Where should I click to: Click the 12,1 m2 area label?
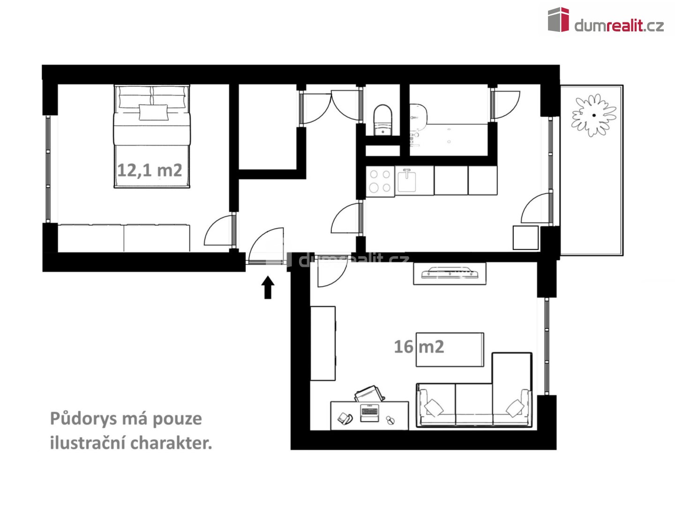(150, 170)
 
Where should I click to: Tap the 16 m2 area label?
(419, 347)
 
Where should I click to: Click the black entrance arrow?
(268, 287)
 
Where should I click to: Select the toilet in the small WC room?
(382, 120)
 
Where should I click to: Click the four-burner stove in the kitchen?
(380, 181)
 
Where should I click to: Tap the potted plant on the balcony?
(593, 115)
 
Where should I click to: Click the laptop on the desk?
(369, 413)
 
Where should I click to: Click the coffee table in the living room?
(450, 350)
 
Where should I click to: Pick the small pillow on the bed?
(153, 112)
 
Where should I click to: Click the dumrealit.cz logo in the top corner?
(606, 20)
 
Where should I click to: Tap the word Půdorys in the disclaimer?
(83, 419)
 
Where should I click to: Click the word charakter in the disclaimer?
(171, 443)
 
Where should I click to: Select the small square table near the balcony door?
(525, 238)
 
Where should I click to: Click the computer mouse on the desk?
(390, 420)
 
